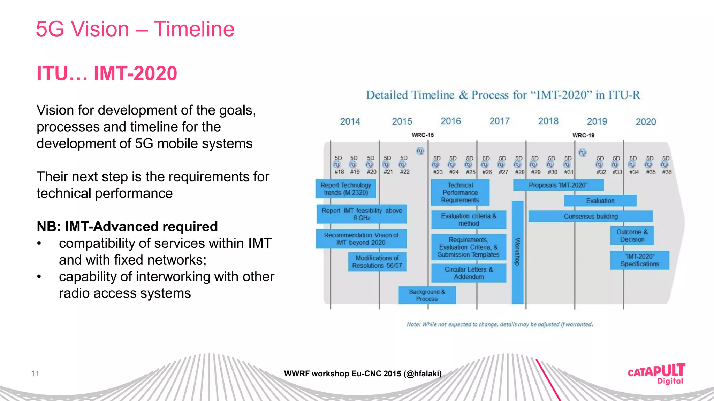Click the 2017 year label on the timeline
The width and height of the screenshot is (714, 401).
pos(499,121)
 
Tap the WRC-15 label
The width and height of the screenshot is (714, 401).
pos(423,135)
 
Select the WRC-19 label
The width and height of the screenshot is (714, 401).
pos(583,135)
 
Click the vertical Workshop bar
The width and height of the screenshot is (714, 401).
pos(517,252)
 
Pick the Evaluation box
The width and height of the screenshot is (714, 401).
pos(600,201)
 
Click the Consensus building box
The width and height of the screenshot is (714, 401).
pos(591,216)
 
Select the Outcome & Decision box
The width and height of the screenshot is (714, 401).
pos(632,236)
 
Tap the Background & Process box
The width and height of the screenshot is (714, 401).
pos(427,295)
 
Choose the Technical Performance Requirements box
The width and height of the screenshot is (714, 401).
pos(460,192)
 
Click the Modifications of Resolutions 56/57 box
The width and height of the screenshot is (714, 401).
pos(377,262)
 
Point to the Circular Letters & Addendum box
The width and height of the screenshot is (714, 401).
pos(469,273)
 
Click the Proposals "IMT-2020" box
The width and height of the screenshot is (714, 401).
pos(558,185)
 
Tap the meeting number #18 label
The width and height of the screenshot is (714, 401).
pos(339,172)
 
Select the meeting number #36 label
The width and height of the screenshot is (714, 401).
pos(667,172)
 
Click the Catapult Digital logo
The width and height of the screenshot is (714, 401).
pos(656,374)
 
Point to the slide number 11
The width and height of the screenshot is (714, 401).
pos(35,374)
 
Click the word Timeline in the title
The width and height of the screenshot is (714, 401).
pos(194,29)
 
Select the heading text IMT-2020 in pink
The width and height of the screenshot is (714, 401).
pos(135,73)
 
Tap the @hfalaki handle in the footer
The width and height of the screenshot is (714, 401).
pos(423,374)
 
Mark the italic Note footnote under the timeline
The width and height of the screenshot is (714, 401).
pos(500,324)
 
